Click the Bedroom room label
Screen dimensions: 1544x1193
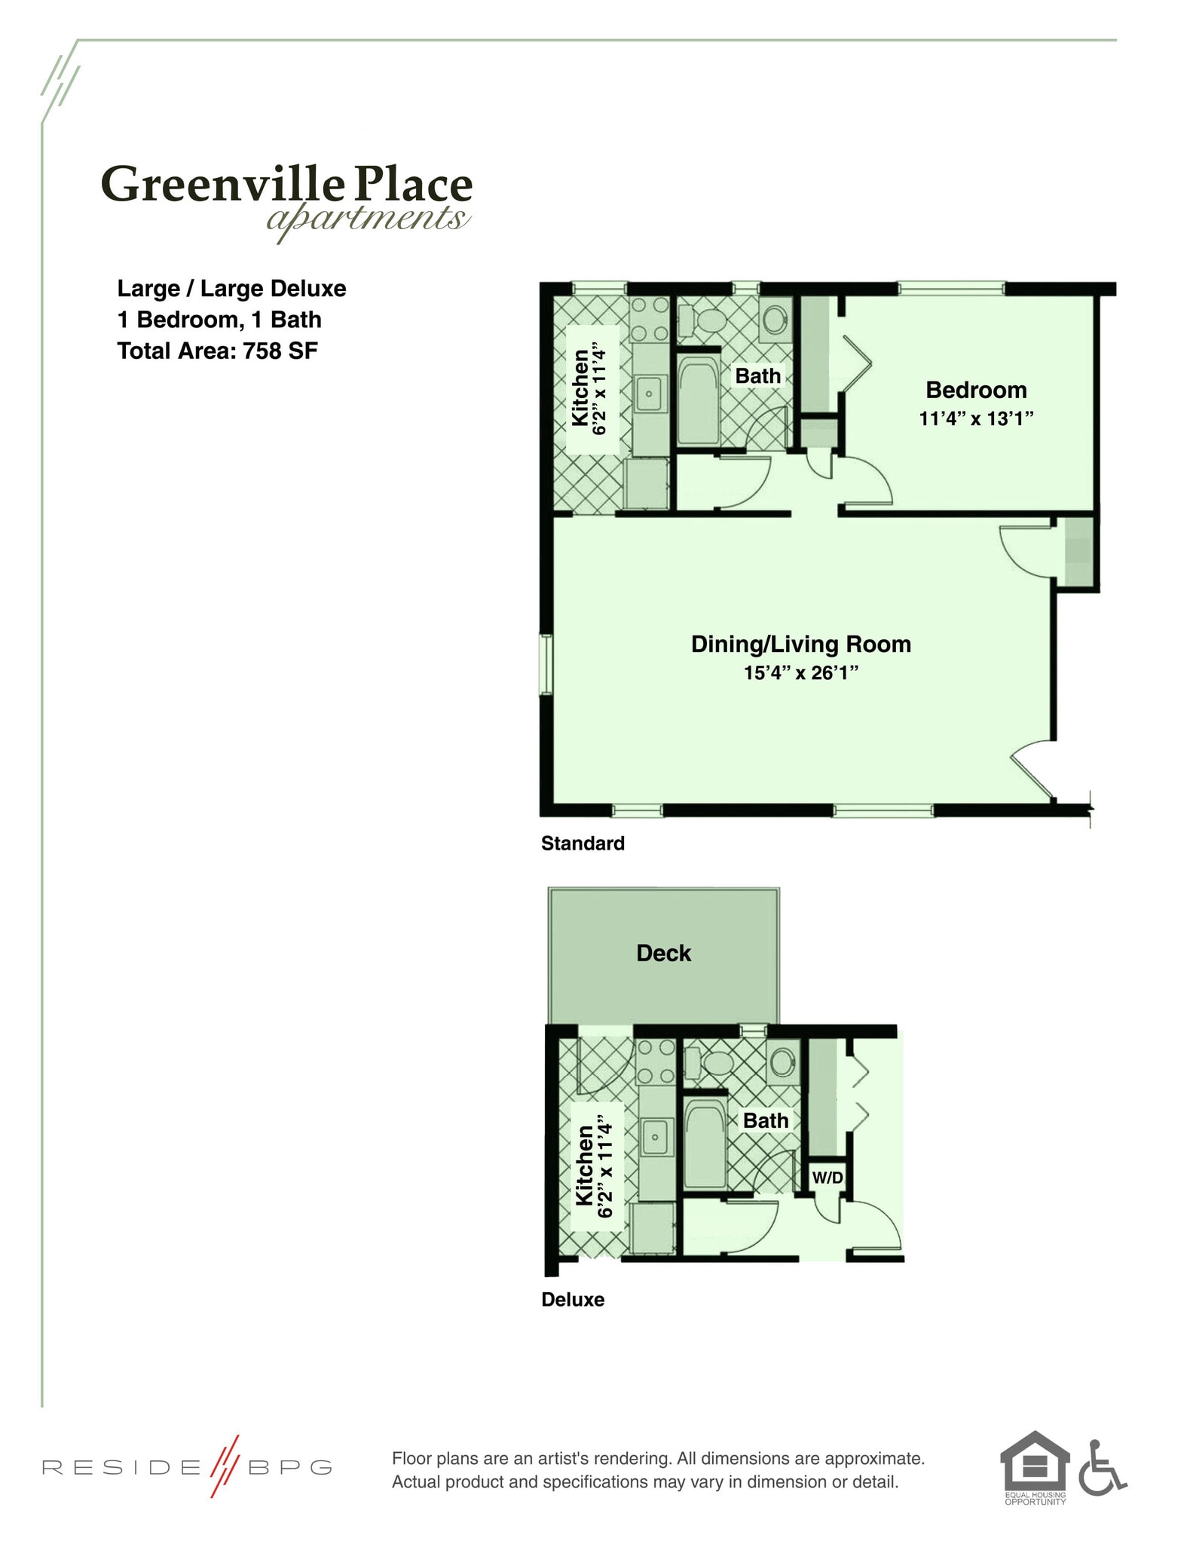(976, 390)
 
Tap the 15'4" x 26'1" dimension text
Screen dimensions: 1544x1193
(801, 672)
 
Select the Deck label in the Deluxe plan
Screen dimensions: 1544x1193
(663, 953)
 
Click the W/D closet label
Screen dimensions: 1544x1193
(827, 1178)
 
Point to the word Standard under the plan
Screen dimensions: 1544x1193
(583, 843)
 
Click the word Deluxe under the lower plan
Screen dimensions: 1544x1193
(573, 1300)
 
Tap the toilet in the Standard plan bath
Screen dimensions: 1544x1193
(705, 320)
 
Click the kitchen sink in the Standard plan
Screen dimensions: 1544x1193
(649, 394)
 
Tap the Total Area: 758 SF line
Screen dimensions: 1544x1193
(217, 351)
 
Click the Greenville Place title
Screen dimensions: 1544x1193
(286, 185)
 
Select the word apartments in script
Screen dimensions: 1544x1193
(367, 219)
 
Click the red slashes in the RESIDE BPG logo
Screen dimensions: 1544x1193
(225, 1466)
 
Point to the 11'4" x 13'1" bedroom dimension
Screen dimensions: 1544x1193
(976, 418)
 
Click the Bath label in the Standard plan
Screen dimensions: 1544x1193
(757, 375)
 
